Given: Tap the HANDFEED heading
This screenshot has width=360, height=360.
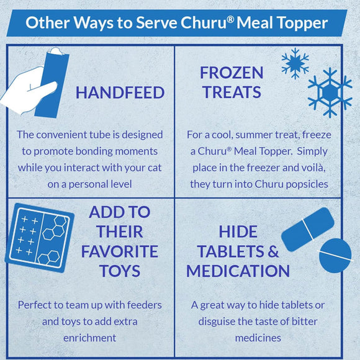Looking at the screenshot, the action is [x=120, y=92].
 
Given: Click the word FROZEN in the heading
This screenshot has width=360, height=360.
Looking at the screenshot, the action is [x=232, y=73].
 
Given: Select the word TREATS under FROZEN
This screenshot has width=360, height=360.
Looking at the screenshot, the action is [x=232, y=92].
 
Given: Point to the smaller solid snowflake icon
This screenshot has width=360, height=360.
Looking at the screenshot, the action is [x=295, y=63].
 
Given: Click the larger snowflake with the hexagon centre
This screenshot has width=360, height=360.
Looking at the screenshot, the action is [x=330, y=92].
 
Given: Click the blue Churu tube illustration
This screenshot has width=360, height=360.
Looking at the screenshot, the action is [x=52, y=84].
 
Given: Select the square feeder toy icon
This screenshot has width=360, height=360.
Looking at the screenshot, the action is [x=40, y=238].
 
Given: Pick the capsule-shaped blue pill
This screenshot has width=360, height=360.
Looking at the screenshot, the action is [x=308, y=229].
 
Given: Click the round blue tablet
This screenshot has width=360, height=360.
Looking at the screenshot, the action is [x=335, y=256].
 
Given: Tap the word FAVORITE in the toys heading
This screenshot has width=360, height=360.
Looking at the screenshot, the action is [x=120, y=251].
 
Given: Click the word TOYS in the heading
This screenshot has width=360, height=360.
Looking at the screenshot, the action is [x=120, y=271].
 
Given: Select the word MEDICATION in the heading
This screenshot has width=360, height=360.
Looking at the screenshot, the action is [x=238, y=271].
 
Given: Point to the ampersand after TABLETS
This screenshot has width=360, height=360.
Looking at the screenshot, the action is [x=273, y=251].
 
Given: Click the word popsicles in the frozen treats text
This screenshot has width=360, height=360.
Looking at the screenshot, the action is [x=307, y=184].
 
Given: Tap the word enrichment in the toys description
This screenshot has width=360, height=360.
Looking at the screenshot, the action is [x=90, y=338].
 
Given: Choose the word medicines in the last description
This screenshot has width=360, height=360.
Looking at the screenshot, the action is [x=258, y=338].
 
